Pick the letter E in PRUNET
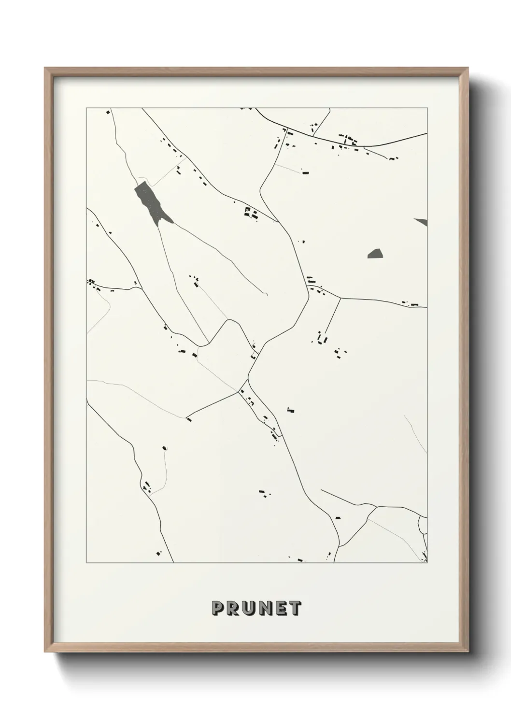(281, 608)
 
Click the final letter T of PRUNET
(296, 608)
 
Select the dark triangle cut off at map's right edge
(422, 221)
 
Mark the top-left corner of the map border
(86, 108)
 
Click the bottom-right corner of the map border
(427, 563)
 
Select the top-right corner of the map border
(427, 108)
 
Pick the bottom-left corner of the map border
(86, 563)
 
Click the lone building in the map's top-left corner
(108, 112)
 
